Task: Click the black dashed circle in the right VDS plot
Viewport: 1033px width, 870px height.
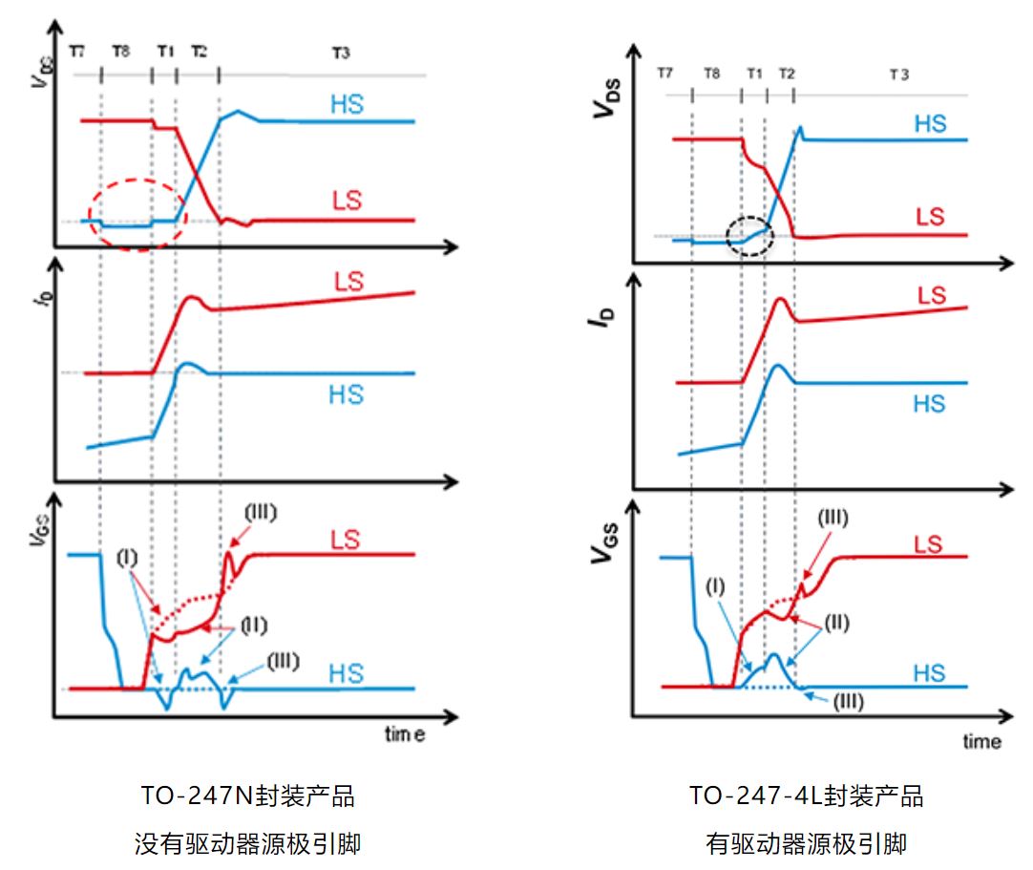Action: tap(748, 233)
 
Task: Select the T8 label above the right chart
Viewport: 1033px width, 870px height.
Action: tap(711, 74)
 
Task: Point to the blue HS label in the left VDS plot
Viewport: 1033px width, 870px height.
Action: tap(347, 104)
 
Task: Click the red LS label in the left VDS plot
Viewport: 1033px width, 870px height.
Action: tap(347, 202)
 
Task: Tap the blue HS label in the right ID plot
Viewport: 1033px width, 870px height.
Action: tap(928, 404)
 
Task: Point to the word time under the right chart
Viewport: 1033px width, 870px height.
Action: tap(981, 741)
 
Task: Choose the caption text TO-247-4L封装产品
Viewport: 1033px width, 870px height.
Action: tap(806, 796)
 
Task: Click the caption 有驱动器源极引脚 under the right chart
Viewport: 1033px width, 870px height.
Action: tap(806, 843)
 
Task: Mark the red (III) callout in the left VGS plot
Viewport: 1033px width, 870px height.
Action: tap(261, 512)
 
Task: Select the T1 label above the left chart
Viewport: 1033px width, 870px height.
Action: tap(165, 53)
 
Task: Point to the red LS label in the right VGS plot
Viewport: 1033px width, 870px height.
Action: tap(928, 544)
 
